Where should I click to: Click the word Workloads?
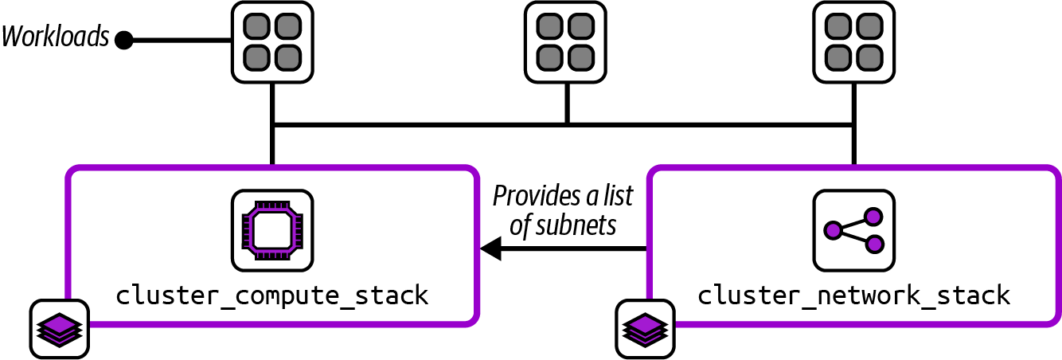55,37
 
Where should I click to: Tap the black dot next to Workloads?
123,40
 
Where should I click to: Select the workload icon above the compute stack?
271,41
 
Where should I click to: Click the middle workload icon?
566,41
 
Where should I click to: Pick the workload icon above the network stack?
853,41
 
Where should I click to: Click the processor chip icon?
271,229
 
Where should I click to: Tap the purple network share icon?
853,229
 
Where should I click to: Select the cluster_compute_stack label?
272,295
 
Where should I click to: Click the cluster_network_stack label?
854,295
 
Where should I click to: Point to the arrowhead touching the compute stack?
490,250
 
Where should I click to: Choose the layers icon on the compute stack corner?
59,328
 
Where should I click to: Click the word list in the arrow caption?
615,196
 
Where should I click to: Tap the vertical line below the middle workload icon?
566,102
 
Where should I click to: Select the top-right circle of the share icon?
873,216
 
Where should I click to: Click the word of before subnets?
520,225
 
